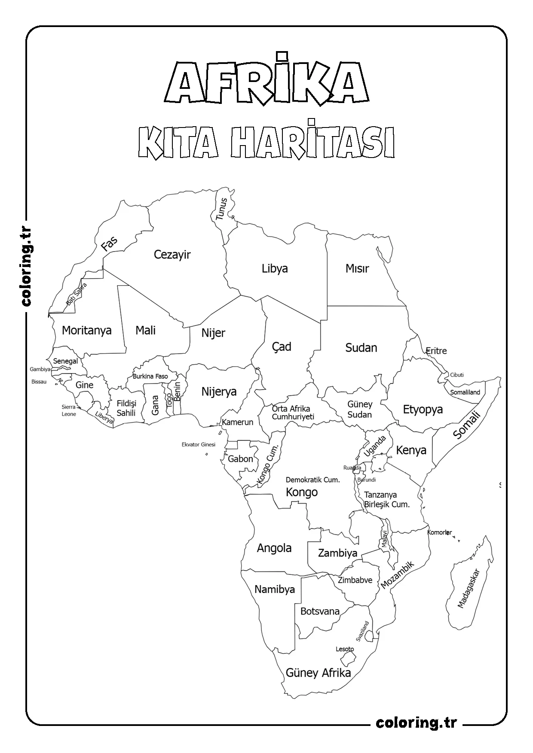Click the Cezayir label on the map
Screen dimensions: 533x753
172,255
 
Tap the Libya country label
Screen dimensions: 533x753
275,269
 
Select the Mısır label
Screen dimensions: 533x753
357,269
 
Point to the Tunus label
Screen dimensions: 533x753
221,209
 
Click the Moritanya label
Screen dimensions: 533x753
86,330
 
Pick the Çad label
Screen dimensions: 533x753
282,346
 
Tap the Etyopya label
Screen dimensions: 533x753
423,409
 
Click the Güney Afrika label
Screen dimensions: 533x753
318,673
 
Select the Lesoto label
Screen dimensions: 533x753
345,649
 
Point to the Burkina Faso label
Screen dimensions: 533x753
150,376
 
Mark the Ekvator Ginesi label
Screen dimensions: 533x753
198,444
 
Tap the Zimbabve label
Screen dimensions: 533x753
355,580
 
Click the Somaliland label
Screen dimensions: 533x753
465,392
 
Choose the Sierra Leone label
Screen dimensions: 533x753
69,410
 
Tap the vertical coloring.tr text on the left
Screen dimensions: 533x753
26,266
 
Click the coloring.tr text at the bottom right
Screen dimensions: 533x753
416,723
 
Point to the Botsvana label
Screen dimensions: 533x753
320,611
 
